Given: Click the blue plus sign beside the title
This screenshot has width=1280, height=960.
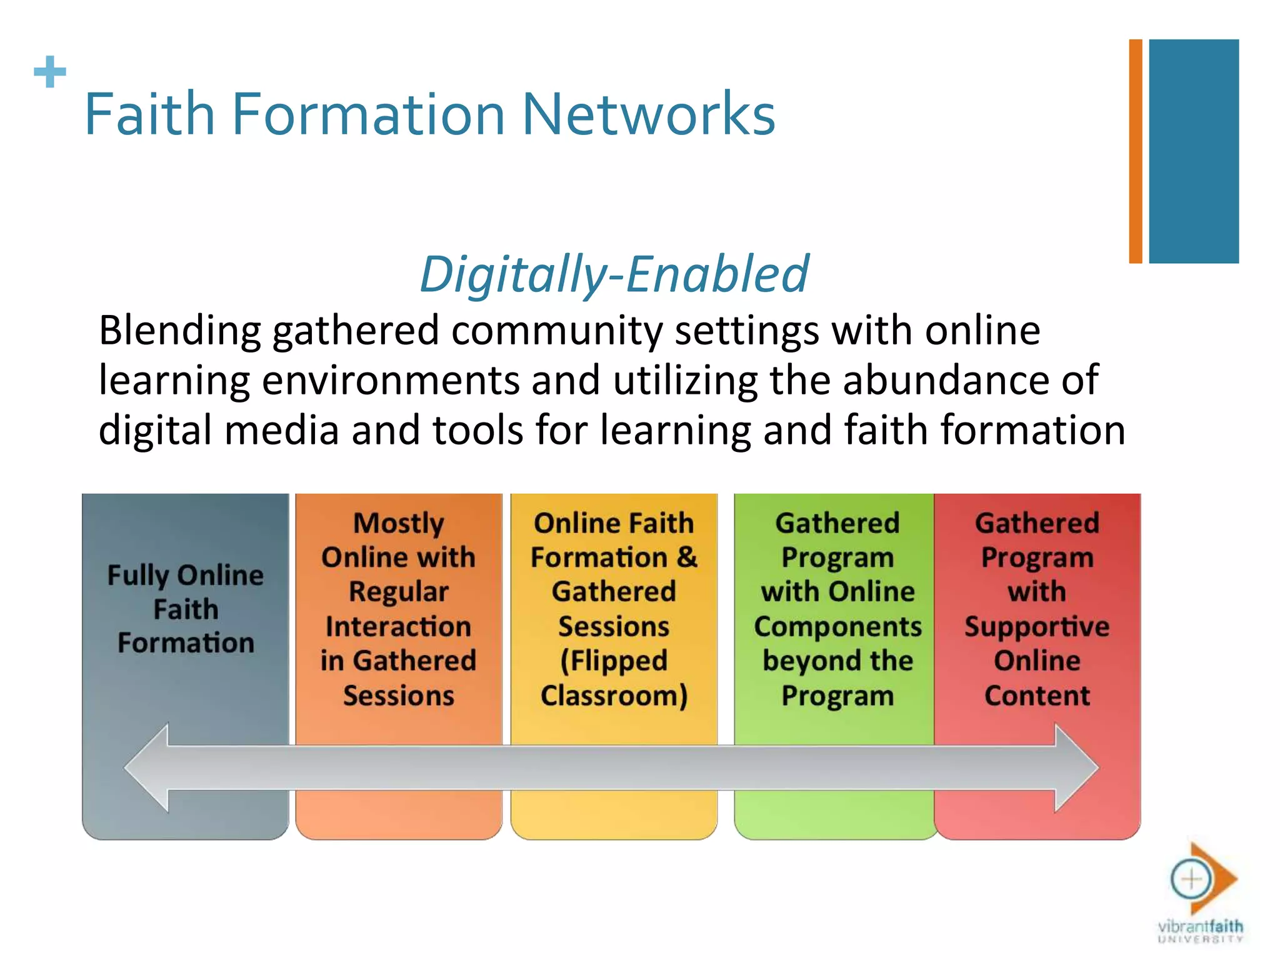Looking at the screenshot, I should [x=50, y=72].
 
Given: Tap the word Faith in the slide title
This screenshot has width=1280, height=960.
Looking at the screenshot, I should [x=150, y=114].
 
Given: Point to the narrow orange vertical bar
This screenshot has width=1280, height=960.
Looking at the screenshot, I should [x=1135, y=151].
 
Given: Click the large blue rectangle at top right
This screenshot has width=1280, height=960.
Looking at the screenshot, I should [x=1194, y=151].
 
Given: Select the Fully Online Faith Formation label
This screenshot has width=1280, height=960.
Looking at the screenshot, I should [x=186, y=609].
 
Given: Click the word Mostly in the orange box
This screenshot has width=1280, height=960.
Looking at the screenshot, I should [x=399, y=523].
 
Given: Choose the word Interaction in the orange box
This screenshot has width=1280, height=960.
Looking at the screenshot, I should [x=399, y=626].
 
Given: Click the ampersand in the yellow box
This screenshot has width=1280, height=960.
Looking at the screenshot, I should [x=687, y=557].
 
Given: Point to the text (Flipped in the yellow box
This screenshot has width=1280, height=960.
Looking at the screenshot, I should [x=614, y=661].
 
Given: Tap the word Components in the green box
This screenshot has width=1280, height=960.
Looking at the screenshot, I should [x=837, y=626].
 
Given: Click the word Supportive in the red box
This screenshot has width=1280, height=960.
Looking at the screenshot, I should [x=1037, y=626].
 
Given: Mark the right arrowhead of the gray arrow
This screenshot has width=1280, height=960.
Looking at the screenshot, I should [x=1076, y=767].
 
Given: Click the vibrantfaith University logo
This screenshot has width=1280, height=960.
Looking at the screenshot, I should [x=1201, y=894].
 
